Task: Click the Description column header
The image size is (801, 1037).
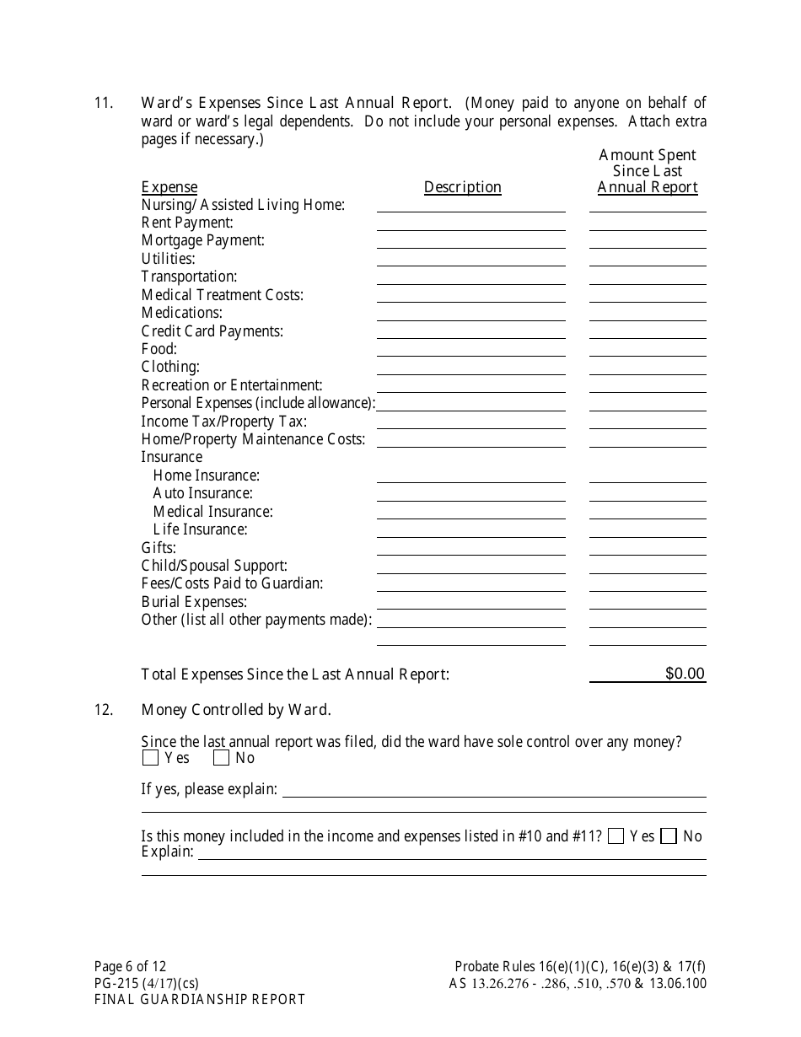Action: click(462, 187)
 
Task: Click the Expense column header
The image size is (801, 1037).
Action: click(169, 187)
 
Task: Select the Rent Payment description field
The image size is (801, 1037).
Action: click(470, 223)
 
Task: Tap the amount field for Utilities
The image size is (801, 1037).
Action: click(647, 259)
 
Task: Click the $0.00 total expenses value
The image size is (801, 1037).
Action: click(685, 674)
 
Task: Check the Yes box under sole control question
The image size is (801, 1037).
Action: click(151, 758)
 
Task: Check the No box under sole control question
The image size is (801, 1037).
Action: click(222, 758)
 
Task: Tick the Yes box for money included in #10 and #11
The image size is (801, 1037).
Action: click(616, 836)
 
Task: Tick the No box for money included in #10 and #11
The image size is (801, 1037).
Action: click(669, 836)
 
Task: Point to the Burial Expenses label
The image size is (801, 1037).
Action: click(194, 602)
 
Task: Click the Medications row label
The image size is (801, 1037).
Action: click(181, 313)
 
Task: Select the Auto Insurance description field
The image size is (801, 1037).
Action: click(470, 493)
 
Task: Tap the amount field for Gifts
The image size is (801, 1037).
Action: click(647, 548)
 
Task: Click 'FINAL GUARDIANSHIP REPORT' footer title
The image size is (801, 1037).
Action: click(200, 1000)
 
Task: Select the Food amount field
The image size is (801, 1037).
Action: click(647, 349)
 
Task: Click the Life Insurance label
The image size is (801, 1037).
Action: click(200, 529)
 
